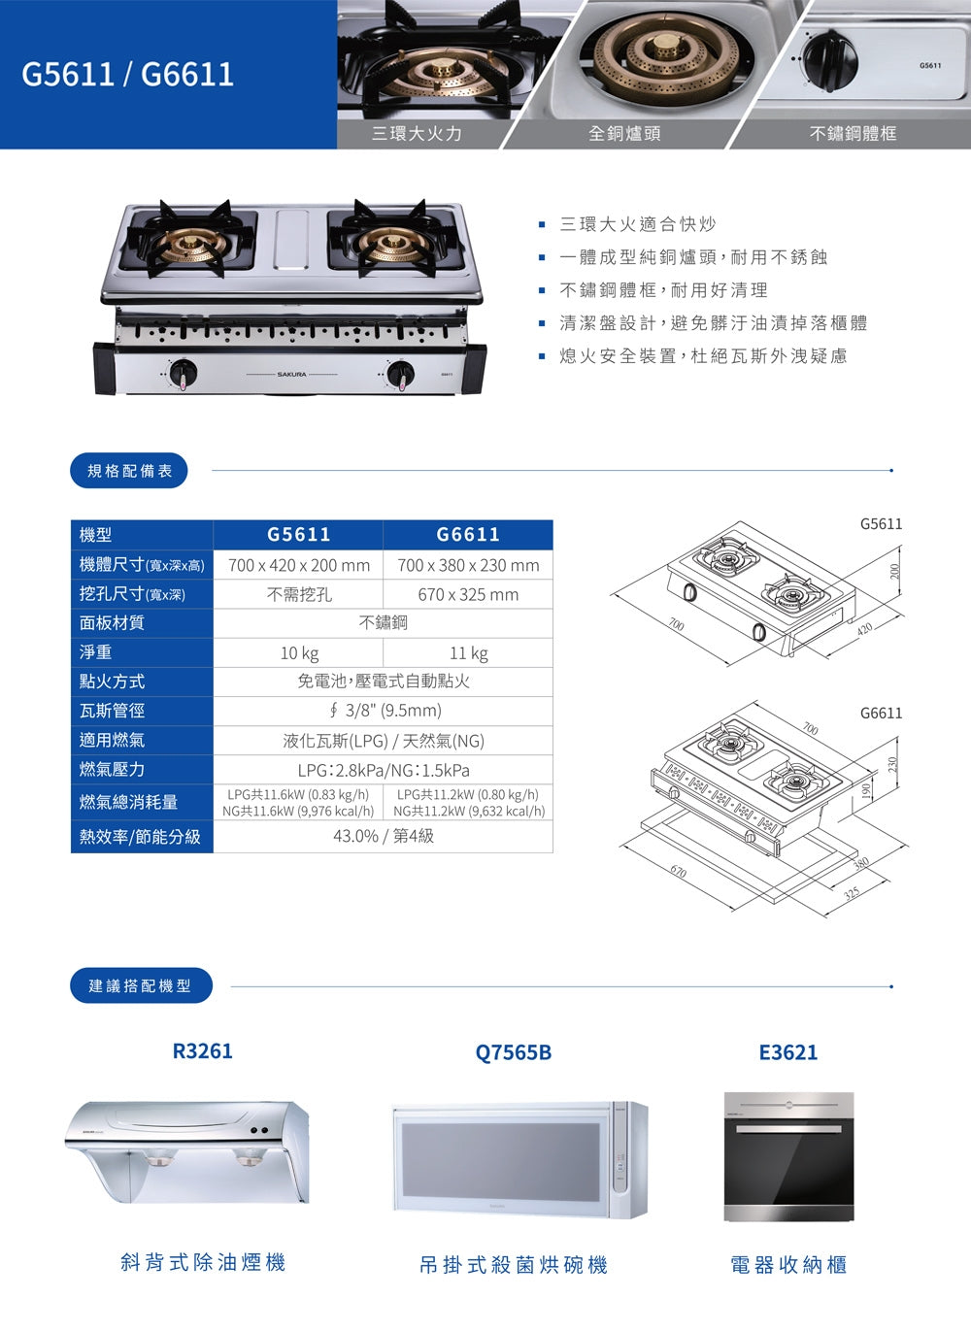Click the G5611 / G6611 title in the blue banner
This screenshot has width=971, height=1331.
127,74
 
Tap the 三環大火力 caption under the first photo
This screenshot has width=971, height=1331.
417,133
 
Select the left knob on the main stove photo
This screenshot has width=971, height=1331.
183,373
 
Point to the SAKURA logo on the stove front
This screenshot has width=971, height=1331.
291,374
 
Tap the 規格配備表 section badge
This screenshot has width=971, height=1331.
129,471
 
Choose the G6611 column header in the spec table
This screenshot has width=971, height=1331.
468,534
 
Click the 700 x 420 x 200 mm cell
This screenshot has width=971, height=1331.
299,565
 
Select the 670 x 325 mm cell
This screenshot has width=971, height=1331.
468,594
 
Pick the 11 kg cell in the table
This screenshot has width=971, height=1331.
468,652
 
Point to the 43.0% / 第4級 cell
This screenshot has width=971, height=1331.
384,836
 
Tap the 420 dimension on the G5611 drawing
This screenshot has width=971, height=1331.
865,629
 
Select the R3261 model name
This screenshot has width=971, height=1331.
203,1051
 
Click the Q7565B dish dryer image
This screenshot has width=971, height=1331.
519,1160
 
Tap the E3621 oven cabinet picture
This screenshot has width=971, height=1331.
788,1156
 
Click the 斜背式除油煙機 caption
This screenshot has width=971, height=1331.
203,1262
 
